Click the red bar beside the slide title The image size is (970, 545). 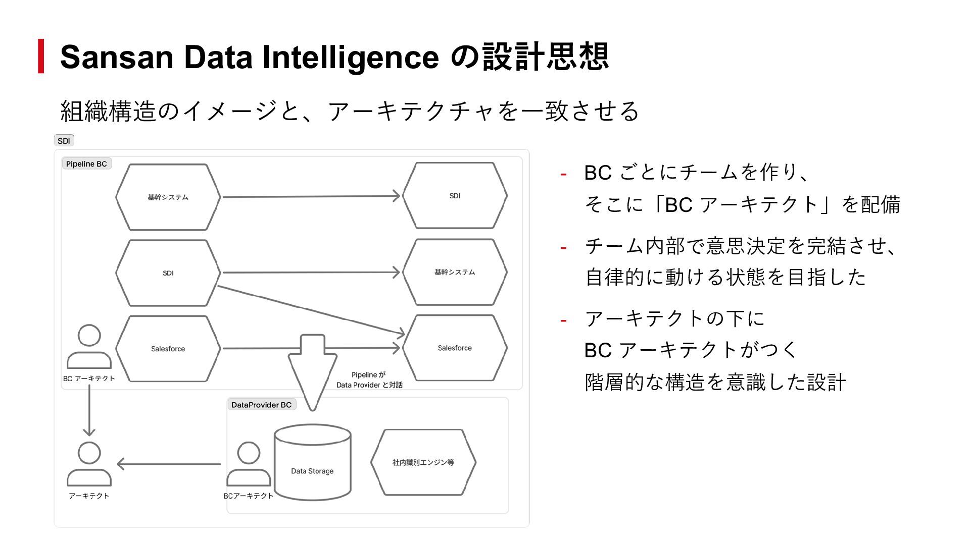[41, 56]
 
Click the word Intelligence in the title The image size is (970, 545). [350, 57]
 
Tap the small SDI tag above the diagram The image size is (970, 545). [64, 141]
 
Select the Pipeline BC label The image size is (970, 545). [86, 164]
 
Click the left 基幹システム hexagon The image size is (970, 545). [168, 197]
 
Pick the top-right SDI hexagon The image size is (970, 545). [455, 196]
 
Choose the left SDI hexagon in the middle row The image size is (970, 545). [168, 273]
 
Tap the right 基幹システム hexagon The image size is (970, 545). [455, 272]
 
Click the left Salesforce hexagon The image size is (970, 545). [168, 349]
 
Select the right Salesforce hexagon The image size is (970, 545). [455, 348]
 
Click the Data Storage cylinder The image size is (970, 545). [312, 462]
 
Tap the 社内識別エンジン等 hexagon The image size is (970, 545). [423, 462]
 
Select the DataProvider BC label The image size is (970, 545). [262, 405]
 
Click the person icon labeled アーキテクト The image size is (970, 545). [89, 464]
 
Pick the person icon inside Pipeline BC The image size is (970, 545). [89, 347]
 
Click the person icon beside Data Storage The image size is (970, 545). [249, 464]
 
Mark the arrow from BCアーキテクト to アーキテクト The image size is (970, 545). [169, 464]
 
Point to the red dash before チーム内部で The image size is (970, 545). [563, 248]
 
